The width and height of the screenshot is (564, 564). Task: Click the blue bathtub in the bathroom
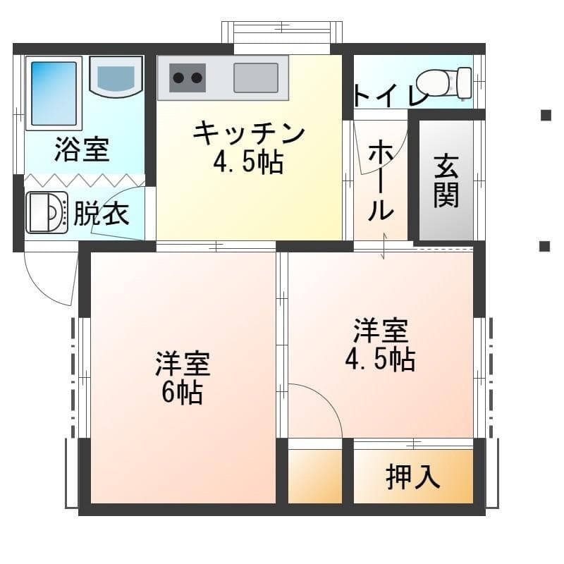pyautogui.click(x=54, y=94)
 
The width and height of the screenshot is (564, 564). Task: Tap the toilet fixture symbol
pyautogui.click(x=444, y=83)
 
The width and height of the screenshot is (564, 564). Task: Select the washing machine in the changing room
pyautogui.click(x=47, y=213)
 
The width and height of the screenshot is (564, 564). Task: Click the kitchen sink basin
pyautogui.click(x=256, y=78)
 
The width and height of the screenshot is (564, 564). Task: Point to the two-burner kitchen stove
pyautogui.click(x=188, y=78)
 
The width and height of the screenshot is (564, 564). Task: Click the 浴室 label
pyautogui.click(x=82, y=149)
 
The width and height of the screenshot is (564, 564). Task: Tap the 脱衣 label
pyautogui.click(x=102, y=214)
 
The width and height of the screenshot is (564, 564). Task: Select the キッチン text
pyautogui.click(x=249, y=133)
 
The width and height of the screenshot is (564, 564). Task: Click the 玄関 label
pyautogui.click(x=446, y=182)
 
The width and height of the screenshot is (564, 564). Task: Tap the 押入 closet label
pyautogui.click(x=413, y=477)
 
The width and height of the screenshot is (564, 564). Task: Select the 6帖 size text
pyautogui.click(x=183, y=392)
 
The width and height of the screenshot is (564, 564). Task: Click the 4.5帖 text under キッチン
pyautogui.click(x=249, y=163)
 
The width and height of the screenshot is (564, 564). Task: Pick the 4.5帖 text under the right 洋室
pyautogui.click(x=380, y=359)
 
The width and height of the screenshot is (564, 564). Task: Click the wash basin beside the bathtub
pyautogui.click(x=116, y=77)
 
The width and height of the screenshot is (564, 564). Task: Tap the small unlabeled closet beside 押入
pyautogui.click(x=314, y=476)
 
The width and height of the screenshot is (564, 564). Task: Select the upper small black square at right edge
pyautogui.click(x=546, y=116)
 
